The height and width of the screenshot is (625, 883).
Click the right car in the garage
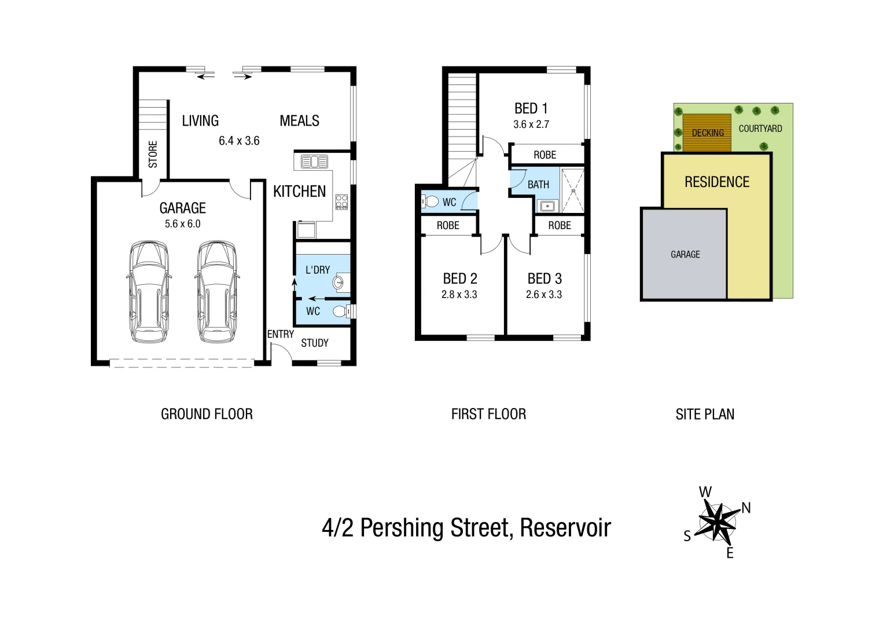pos(216,292)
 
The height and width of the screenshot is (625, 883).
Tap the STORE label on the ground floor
pos(153,155)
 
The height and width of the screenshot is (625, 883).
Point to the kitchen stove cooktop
pos(341,202)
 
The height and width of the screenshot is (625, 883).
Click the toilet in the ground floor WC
pos(342,311)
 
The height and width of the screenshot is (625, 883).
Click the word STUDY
pos(314,343)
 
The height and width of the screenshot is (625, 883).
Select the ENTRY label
pos(281,334)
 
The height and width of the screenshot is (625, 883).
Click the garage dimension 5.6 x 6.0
pos(182,224)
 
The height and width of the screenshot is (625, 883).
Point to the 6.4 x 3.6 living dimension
pos(239,141)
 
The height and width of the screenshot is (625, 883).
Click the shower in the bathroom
pos(573,189)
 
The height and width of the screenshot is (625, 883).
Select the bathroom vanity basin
pos(547,205)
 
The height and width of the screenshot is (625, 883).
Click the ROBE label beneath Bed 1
pos(544,155)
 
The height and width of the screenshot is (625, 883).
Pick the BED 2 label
pos(459,279)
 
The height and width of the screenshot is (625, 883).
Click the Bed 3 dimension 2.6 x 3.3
pos(543,295)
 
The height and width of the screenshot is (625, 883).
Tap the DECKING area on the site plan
pos(707,133)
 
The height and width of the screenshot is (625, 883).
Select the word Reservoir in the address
pos(565,528)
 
